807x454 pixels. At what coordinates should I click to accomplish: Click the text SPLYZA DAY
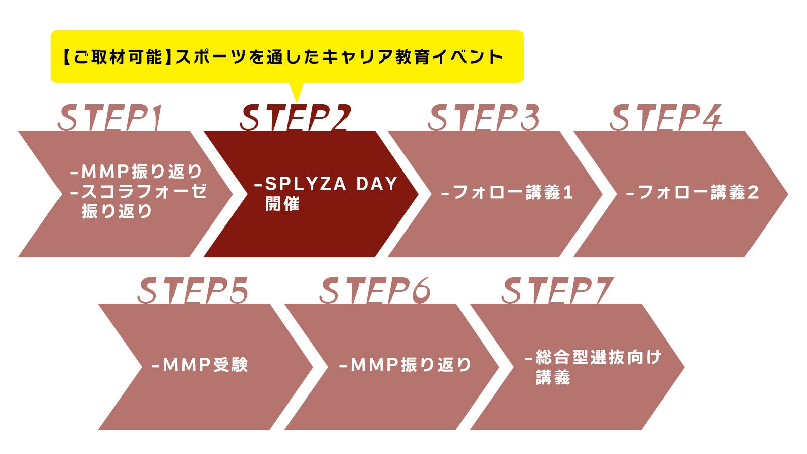[331, 184]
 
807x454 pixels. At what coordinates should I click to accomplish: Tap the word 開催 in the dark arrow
[282, 204]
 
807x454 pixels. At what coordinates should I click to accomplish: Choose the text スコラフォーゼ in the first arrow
[144, 191]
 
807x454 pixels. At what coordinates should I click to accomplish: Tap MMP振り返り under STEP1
[142, 172]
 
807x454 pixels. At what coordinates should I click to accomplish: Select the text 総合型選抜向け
[598, 357]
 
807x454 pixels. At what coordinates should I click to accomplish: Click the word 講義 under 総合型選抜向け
[553, 377]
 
